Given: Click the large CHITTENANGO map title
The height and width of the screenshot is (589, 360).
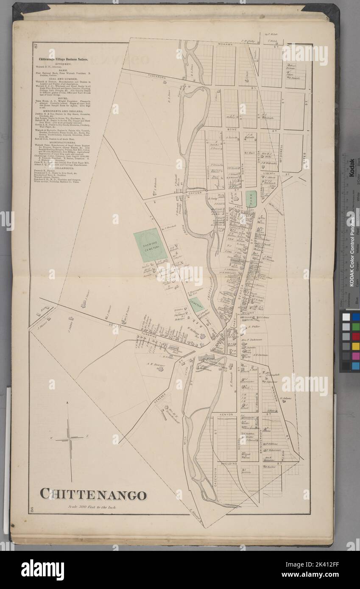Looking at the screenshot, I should pos(93,495).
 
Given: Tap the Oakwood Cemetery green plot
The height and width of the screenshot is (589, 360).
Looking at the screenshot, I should pos(150,245).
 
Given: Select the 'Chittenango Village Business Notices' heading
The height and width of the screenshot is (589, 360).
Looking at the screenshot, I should pos(64,60).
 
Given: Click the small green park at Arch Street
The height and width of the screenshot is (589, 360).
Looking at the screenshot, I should pos(251,199).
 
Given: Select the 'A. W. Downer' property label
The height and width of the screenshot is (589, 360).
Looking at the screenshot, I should pos(156,363).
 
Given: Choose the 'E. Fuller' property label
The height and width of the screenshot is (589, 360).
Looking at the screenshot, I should pos(254,327).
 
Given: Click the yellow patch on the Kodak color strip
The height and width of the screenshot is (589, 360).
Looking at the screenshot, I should pos(355,346).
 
